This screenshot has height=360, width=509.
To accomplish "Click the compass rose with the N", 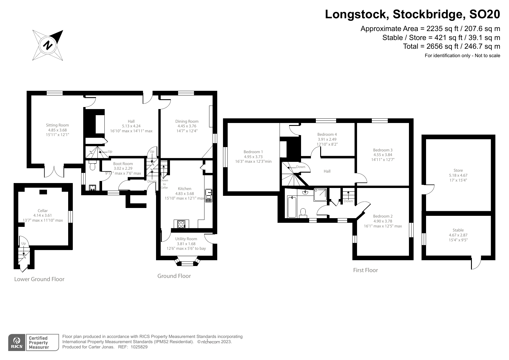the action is click(48, 45).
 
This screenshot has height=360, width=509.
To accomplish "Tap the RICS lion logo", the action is click(17, 342).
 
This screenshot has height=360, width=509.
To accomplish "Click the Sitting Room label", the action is click(57, 125).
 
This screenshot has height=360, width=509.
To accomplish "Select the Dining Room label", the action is click(187, 122).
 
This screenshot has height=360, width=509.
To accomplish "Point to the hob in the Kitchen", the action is click(181, 224).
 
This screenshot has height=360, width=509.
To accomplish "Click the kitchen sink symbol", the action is click(209, 196).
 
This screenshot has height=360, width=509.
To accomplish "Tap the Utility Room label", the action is click(186, 239).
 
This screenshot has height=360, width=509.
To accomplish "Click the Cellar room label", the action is click(43, 211).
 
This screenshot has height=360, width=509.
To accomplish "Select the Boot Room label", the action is click(123, 164).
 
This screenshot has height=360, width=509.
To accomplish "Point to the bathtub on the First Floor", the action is click(292, 207).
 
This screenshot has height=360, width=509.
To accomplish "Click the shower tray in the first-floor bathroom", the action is click(320, 195).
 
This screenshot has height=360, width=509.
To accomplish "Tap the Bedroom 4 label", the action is click(327, 135).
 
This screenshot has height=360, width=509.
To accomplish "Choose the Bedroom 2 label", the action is click(383, 216).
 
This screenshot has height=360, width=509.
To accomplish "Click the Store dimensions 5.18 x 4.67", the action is click(458, 175).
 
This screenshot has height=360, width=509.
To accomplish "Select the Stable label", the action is click(458, 230).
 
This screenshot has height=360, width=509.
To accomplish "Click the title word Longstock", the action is click(357, 14).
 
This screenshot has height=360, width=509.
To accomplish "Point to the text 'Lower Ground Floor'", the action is click(39, 279).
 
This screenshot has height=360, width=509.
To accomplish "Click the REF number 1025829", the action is click(139, 347).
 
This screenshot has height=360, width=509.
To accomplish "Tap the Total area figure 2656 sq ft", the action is click(438, 46).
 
